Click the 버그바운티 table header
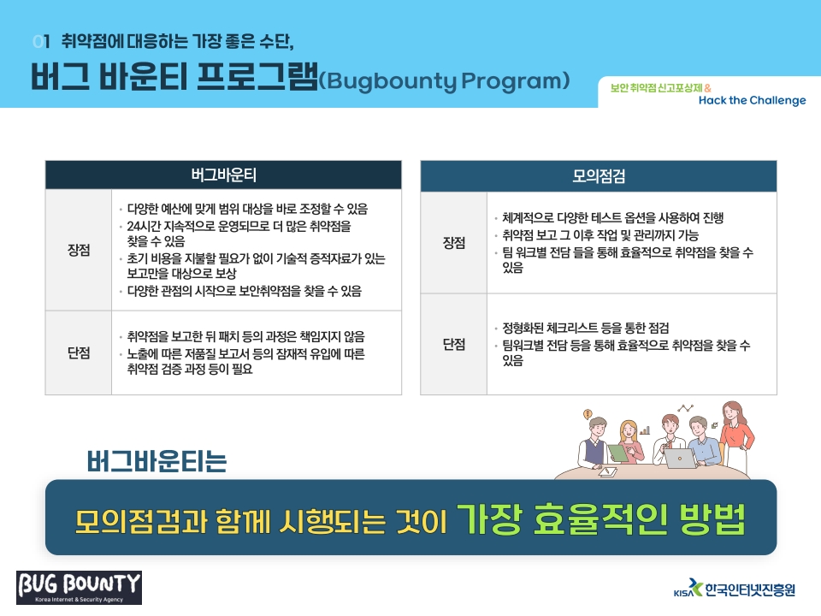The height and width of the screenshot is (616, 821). pos(223,175)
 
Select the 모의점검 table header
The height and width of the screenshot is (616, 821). pos(599,176)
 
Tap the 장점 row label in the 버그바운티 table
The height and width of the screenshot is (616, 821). pos(79,250)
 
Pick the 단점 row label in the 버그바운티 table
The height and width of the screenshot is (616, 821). pos(79,352)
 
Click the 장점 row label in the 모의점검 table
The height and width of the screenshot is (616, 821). pos(454,242)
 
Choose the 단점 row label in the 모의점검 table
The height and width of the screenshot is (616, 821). pos(454,344)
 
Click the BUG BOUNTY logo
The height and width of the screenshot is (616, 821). pos(79,588)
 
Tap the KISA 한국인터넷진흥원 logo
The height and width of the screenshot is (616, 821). pos(735,589)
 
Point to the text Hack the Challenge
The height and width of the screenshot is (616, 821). pos(753,100)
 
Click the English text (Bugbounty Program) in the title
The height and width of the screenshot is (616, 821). pos(444,80)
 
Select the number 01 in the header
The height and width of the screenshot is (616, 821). pos(41,41)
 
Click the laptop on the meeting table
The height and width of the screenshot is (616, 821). pos(680,459)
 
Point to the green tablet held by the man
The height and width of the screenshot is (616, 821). pos(618,453)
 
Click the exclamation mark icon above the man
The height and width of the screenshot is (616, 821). pos(588,414)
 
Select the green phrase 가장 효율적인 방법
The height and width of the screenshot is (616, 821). pos(601,519)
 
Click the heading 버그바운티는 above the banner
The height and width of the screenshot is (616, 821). pos(157,461)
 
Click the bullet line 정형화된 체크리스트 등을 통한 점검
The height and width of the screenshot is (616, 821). pos(586,328)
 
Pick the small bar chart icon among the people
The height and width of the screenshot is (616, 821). pos(645,430)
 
